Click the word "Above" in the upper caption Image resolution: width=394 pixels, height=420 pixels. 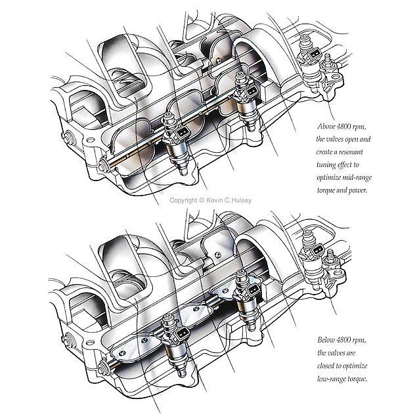coord(326,127)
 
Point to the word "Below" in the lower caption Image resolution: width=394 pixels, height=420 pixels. coord(326,340)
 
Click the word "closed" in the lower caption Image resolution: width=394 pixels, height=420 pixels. coord(326,366)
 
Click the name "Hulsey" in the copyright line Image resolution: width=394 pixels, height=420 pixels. coord(242,200)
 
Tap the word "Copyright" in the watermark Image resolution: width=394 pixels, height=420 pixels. coord(183,200)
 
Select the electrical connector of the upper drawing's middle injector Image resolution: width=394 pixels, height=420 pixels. coord(252,92)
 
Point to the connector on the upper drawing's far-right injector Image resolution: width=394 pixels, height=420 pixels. coord(315,55)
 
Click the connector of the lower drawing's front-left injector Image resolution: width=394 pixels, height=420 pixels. coord(181,334)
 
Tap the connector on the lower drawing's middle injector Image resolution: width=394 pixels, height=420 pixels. coord(253,291)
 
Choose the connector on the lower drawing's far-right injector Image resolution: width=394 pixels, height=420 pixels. coord(317,251)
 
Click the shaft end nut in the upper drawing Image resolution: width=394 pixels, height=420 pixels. coord(103,166)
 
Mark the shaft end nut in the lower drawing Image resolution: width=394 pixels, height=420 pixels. coord(102,369)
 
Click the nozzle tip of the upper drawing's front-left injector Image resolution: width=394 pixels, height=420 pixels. coord(184,172)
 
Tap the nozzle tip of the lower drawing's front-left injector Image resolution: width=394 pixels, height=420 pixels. coord(182,373)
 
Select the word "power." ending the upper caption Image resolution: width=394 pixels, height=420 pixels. coord(357,191)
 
